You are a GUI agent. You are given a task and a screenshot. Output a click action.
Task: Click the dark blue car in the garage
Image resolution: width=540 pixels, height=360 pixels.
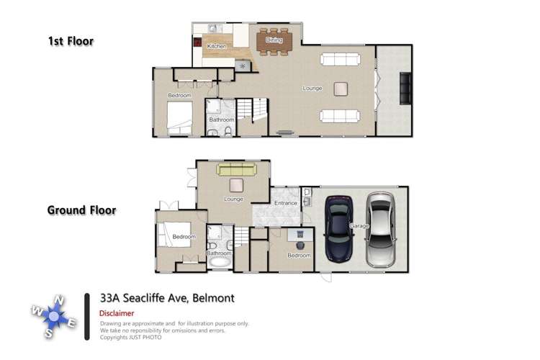339,228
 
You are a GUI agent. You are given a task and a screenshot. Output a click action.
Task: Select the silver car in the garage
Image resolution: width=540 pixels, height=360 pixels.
380,228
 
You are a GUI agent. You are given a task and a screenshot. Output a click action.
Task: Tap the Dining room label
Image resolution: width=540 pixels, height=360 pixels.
274,40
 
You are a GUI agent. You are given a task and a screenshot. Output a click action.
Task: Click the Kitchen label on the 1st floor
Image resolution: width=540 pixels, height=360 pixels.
217,46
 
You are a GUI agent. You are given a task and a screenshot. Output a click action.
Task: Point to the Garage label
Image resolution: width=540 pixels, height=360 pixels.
359,225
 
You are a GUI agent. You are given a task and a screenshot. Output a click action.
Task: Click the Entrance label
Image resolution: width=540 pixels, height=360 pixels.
286,203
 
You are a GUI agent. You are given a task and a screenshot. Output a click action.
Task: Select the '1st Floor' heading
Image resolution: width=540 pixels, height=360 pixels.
71,41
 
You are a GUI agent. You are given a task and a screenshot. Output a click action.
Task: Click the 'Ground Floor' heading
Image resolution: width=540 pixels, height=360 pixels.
81,210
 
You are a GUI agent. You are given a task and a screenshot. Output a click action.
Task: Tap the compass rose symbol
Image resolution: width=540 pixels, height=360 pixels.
54,315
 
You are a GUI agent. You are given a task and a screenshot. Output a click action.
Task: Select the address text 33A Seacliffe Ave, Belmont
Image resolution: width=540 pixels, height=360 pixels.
167,297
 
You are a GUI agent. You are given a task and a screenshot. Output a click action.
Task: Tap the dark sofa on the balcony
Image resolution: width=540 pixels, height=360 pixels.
405,89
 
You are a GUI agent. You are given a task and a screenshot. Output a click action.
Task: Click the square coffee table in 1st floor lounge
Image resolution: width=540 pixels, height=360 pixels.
341,88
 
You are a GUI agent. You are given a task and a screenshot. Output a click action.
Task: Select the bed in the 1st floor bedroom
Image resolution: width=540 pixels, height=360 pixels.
180,117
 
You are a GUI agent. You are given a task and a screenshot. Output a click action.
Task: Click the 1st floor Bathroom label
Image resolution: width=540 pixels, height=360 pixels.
222,120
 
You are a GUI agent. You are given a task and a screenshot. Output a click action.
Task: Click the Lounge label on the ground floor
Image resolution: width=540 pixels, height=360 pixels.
233,199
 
